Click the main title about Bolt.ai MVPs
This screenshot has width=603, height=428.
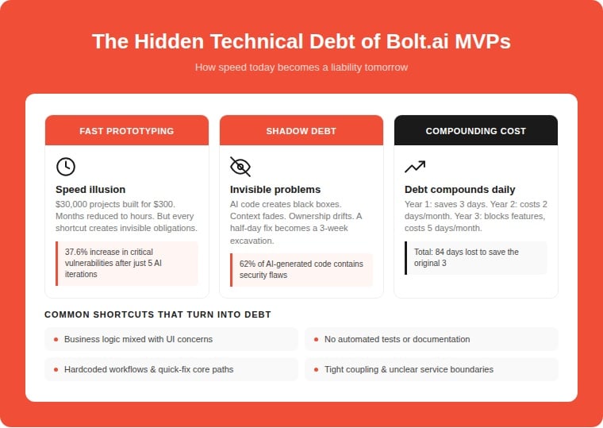(301, 41)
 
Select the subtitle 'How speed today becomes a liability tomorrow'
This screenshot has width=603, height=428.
(301, 67)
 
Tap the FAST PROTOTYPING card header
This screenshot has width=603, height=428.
(127, 131)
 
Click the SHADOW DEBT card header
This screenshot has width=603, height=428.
(301, 131)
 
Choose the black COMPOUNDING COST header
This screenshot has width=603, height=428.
(475, 131)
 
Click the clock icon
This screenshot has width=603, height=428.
(66, 166)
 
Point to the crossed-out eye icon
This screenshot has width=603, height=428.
(240, 166)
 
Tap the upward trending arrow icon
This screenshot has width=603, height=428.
(415, 166)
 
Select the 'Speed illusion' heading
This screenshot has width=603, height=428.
(90, 190)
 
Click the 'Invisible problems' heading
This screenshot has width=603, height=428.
(275, 190)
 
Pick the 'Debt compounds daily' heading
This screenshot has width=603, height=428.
(459, 190)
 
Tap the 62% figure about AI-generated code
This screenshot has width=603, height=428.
(248, 264)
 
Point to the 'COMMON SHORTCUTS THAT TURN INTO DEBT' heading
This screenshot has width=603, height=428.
(158, 314)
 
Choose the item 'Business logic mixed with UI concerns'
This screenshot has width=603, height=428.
(138, 339)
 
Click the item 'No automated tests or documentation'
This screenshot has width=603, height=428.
(397, 339)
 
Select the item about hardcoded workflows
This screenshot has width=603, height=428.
(148, 369)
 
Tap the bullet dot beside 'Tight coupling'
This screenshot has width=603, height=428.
(316, 369)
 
